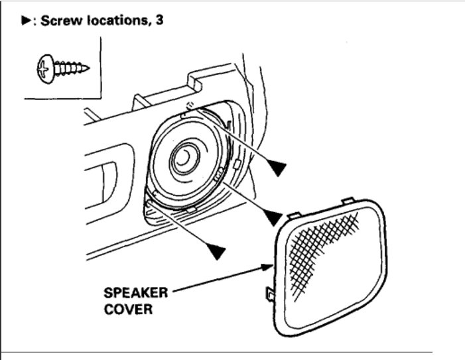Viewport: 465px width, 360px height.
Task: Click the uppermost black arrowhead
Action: click(x=279, y=168)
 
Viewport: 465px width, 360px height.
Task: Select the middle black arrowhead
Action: click(x=273, y=216)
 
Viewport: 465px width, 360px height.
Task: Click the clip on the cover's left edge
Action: click(x=269, y=292)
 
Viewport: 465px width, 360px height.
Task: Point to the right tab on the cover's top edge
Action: click(x=348, y=198)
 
